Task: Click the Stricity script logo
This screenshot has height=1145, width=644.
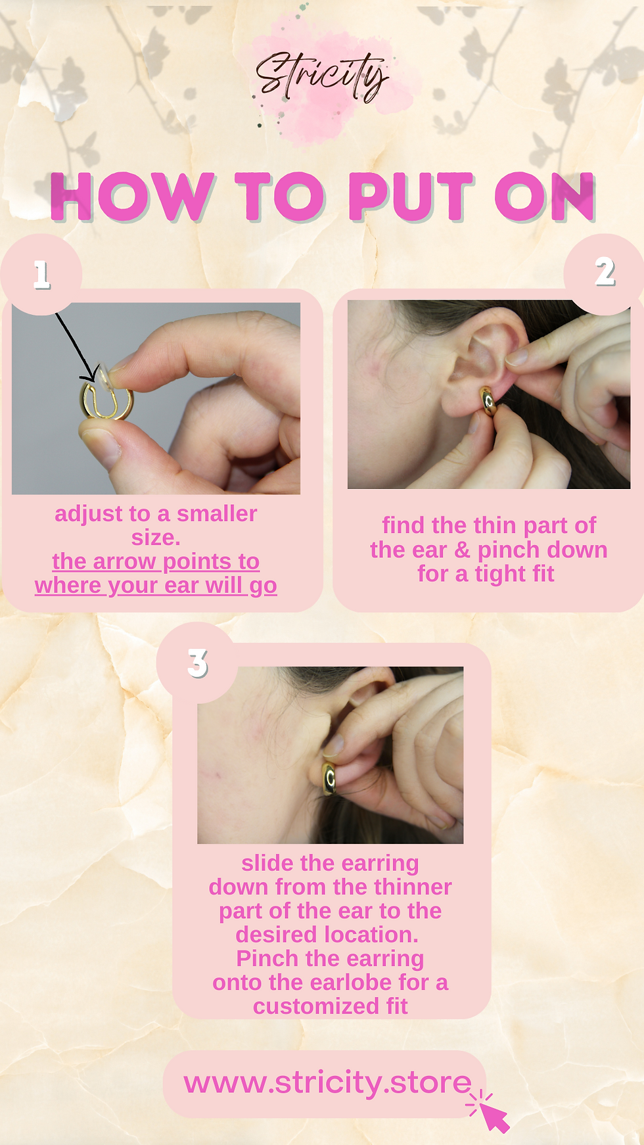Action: pyautogui.click(x=322, y=76)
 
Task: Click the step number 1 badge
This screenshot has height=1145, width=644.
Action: pyautogui.click(x=41, y=274)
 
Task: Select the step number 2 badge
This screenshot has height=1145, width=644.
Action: pyautogui.click(x=605, y=271)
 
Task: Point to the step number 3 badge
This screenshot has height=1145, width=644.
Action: pyautogui.click(x=197, y=663)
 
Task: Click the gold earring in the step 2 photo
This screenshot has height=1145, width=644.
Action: pyautogui.click(x=488, y=401)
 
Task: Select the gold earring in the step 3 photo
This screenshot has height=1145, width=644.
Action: pyautogui.click(x=329, y=778)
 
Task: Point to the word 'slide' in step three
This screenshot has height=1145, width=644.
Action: pyautogui.click(x=267, y=863)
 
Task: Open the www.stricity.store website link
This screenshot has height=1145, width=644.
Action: pyautogui.click(x=327, y=1083)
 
